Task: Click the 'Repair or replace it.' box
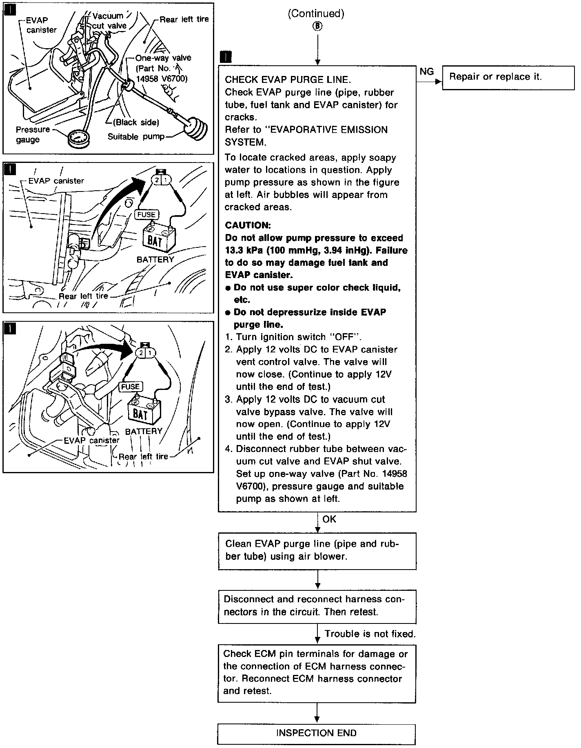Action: pos(508,78)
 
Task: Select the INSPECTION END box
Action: pos(316,733)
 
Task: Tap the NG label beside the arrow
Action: pos(426,72)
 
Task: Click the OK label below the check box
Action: pos(329,519)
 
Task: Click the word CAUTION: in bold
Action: pos(248,225)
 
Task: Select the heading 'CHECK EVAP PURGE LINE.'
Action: pos(288,80)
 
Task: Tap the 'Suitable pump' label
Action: pos(136,137)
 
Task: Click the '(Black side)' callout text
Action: pos(136,122)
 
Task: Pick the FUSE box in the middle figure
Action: pos(146,215)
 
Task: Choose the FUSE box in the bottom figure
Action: pos(130,387)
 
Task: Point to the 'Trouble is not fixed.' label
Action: pos(370,634)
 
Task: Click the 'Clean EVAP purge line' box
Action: pos(317,551)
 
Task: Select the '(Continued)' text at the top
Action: pos(316,14)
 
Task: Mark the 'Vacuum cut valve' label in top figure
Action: pos(109,21)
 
